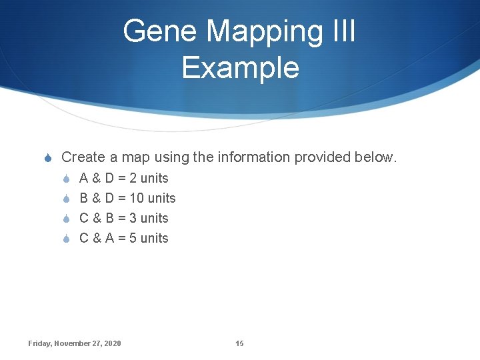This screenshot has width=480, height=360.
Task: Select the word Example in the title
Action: (x=240, y=67)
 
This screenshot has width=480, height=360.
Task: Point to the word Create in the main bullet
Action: (x=83, y=157)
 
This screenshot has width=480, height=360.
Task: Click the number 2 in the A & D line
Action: (x=133, y=178)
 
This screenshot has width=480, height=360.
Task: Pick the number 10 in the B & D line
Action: (x=137, y=198)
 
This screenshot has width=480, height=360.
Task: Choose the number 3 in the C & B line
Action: (x=133, y=218)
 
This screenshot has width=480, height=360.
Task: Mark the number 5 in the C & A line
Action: (x=133, y=238)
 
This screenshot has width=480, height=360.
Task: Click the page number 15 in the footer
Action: (x=239, y=343)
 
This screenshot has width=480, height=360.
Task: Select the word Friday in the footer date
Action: (x=39, y=343)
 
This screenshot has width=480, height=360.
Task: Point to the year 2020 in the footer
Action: (x=113, y=343)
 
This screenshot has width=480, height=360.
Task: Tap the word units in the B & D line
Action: (x=161, y=198)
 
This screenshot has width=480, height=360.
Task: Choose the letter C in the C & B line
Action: (x=84, y=218)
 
